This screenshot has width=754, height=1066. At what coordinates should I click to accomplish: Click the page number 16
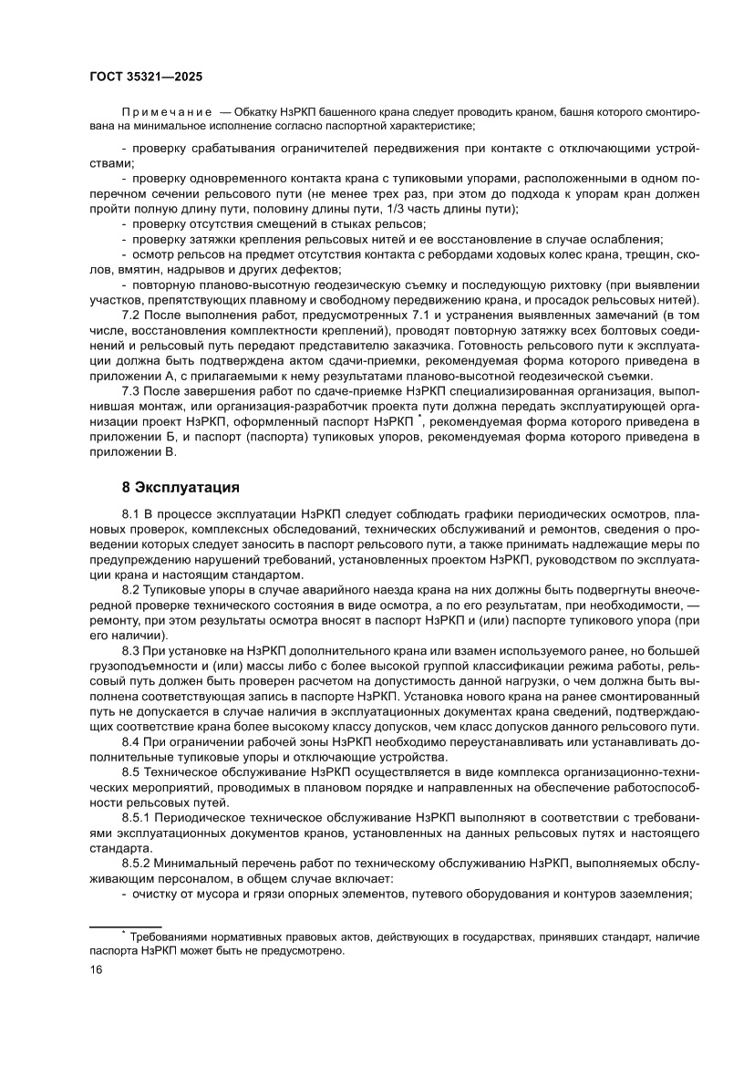click(x=95, y=969)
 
